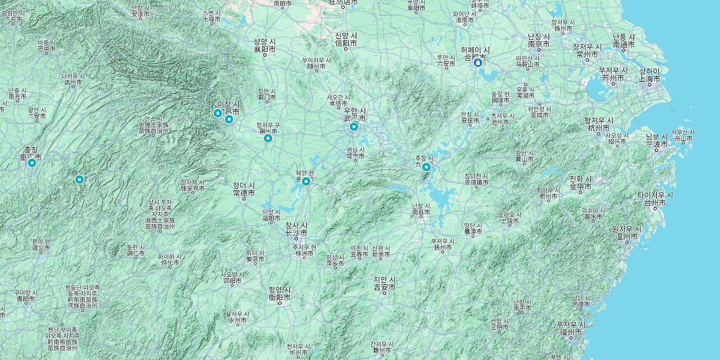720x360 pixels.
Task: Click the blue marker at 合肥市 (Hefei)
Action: [478, 63]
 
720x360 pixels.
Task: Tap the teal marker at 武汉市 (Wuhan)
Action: [354, 127]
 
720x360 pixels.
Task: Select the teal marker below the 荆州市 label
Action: [268, 138]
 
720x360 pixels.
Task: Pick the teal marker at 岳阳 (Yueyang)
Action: [306, 181]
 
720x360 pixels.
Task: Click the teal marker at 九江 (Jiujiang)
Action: [426, 166]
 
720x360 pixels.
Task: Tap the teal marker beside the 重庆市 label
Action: [32, 163]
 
